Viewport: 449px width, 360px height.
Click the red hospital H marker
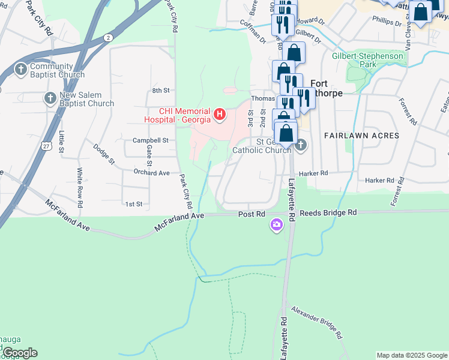pyautogui.click(x=220, y=113)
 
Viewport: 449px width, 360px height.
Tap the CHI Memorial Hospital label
pyautogui.click(x=185, y=115)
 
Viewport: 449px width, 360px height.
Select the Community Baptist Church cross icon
pyautogui.click(x=21, y=70)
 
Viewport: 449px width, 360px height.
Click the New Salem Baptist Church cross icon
pyautogui.click(x=50, y=98)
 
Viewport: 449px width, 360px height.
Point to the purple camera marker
pyautogui.click(x=276, y=225)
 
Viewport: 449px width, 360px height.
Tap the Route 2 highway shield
pyautogui.click(x=107, y=37)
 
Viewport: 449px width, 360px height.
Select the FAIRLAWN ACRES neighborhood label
pyautogui.click(x=361, y=136)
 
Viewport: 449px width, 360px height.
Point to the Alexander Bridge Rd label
pyautogui.click(x=317, y=322)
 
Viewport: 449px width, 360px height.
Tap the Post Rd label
pyautogui.click(x=252, y=214)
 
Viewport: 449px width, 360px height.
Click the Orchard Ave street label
pyautogui.click(x=152, y=173)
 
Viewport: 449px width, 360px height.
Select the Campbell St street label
pyautogui.click(x=149, y=140)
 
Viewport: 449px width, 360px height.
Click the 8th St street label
pyautogui.click(x=161, y=90)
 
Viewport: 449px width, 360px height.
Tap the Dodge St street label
pyautogui.click(x=103, y=154)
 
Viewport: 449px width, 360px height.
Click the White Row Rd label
pyautogui.click(x=80, y=184)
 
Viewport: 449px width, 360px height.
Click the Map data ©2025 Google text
pyautogui.click(x=412, y=355)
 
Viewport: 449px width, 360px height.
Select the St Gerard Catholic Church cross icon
pyautogui.click(x=301, y=145)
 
